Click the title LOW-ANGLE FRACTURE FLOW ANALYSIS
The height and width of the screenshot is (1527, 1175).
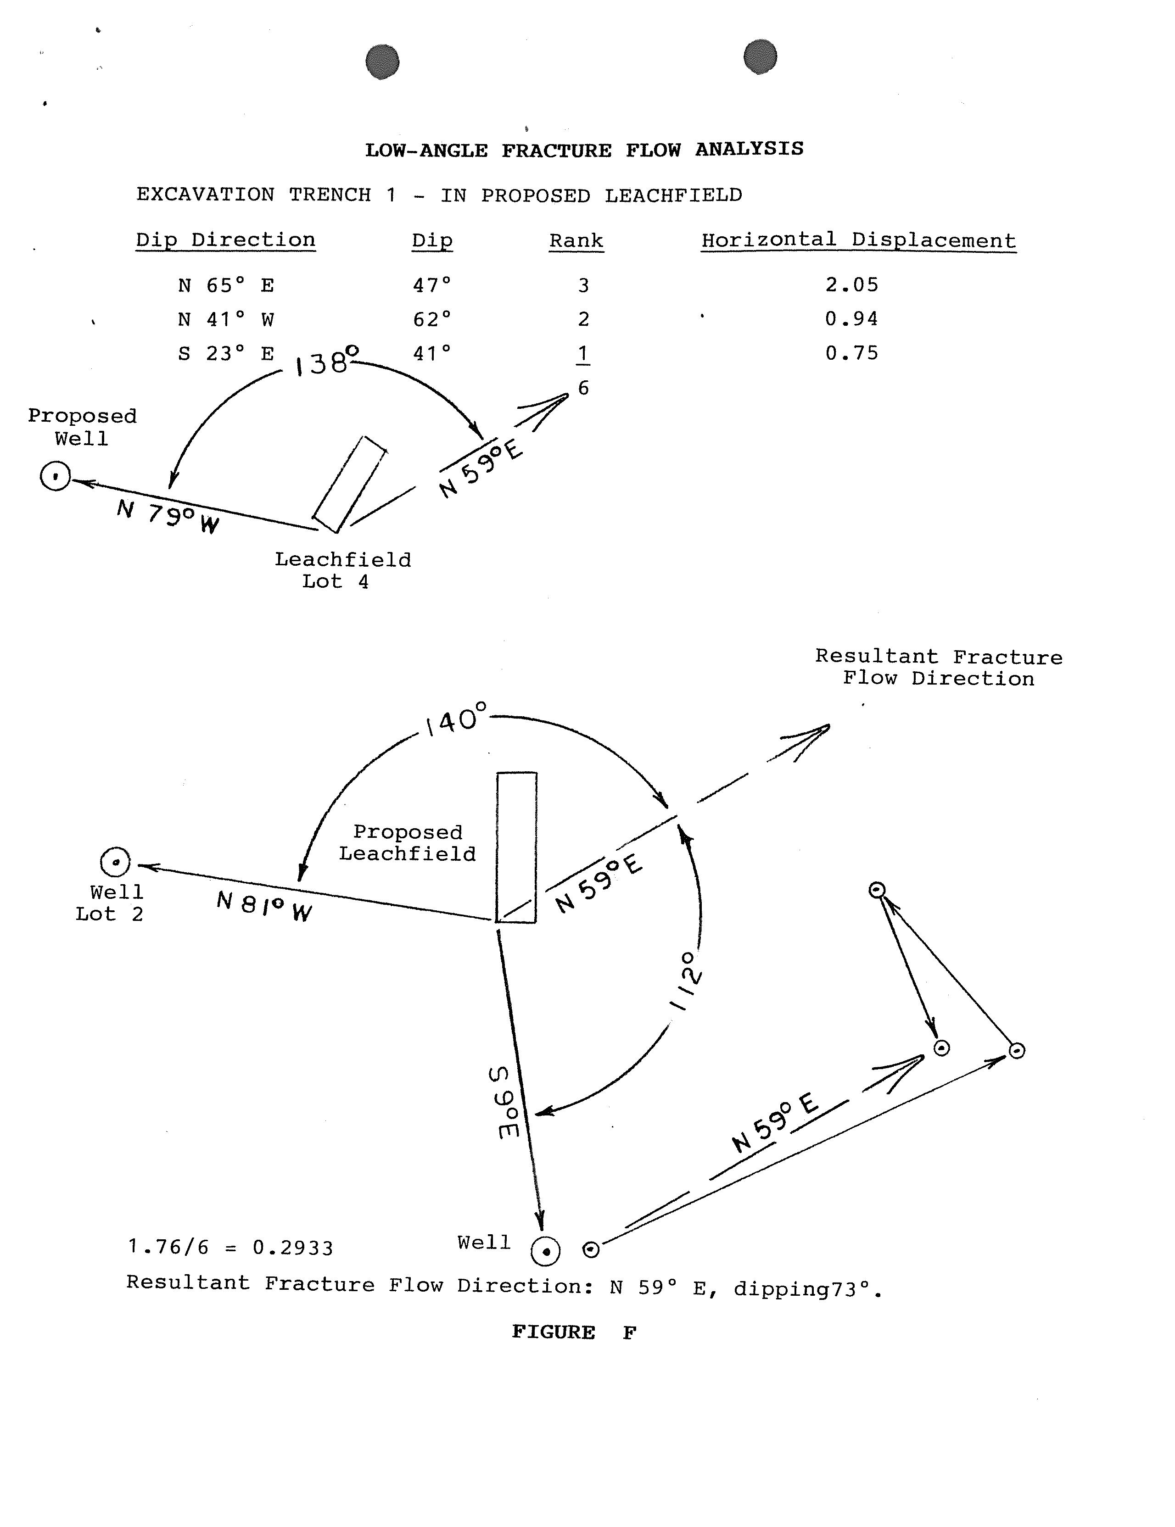click(x=584, y=150)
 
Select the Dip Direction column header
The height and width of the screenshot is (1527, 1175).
click(x=225, y=240)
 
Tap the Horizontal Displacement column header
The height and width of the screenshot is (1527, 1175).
click(x=858, y=240)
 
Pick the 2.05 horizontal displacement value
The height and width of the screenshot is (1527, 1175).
click(x=851, y=284)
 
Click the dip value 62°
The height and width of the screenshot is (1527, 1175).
click(x=431, y=319)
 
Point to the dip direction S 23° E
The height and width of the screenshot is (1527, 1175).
click(x=226, y=354)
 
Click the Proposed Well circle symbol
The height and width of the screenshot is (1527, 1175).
click(x=55, y=477)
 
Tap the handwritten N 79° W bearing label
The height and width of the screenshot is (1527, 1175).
click(x=168, y=518)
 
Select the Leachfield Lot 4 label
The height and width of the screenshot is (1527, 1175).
click(x=342, y=570)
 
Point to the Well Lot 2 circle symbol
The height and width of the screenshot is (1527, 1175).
click(x=115, y=862)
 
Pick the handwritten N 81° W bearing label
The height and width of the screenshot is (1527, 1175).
click(x=263, y=905)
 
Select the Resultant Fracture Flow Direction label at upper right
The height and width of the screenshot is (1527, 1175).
click(x=938, y=668)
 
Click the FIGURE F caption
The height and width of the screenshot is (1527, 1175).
click(x=574, y=1332)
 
